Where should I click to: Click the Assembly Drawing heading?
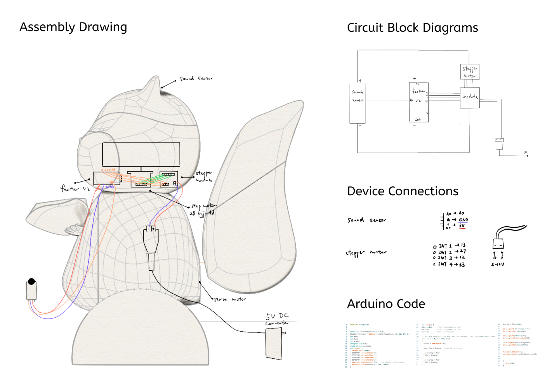point(73,27)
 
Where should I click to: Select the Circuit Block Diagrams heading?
point(412,28)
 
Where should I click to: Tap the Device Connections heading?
point(403,191)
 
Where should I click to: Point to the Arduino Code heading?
point(386,304)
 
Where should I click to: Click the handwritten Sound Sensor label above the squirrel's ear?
point(196,79)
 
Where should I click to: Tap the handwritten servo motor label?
point(230,299)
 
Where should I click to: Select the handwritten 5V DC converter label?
point(277,319)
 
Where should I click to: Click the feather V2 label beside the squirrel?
point(75,189)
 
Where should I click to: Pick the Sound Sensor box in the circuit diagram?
point(357,103)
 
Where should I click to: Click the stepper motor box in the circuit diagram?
point(470,72)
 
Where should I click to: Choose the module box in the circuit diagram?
point(470,97)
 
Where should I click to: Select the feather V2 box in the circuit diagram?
point(419,102)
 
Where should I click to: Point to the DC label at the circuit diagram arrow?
point(526,152)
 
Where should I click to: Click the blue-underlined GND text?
point(463,220)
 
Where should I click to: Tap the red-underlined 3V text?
point(462,225)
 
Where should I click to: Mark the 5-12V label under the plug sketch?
point(498,265)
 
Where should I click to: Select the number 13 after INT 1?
point(463,245)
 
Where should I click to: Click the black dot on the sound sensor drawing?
point(32,281)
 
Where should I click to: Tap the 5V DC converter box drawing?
point(274,344)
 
